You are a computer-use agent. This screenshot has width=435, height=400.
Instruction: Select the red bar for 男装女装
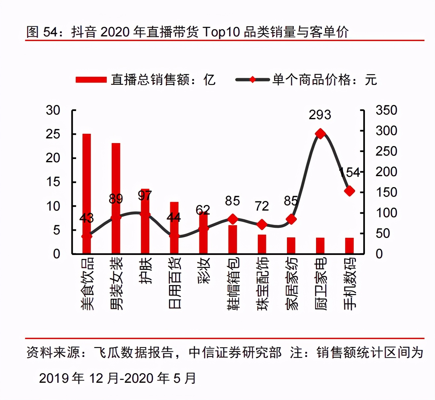tap(116, 198)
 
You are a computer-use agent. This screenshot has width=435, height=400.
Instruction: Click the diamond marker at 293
tap(320, 134)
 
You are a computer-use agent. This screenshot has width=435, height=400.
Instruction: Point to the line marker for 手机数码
tap(349, 191)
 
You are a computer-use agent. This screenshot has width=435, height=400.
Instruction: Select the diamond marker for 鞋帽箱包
tap(233, 219)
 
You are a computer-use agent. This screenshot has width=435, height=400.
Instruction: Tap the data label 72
tap(262, 206)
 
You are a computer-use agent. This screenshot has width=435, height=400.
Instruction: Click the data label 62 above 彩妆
tap(203, 210)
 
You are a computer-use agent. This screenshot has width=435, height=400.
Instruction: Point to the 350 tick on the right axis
tap(386, 110)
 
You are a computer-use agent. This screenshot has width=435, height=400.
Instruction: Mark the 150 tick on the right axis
tap(386, 192)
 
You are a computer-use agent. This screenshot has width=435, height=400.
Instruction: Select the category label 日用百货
tap(175, 283)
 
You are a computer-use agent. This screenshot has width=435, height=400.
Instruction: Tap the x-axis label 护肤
tap(145, 271)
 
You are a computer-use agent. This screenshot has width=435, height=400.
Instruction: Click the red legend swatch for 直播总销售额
tap(91, 80)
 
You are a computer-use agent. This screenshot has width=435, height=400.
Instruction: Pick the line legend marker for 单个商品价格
tap(253, 80)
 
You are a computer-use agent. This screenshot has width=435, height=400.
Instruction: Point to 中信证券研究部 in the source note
tap(235, 352)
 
